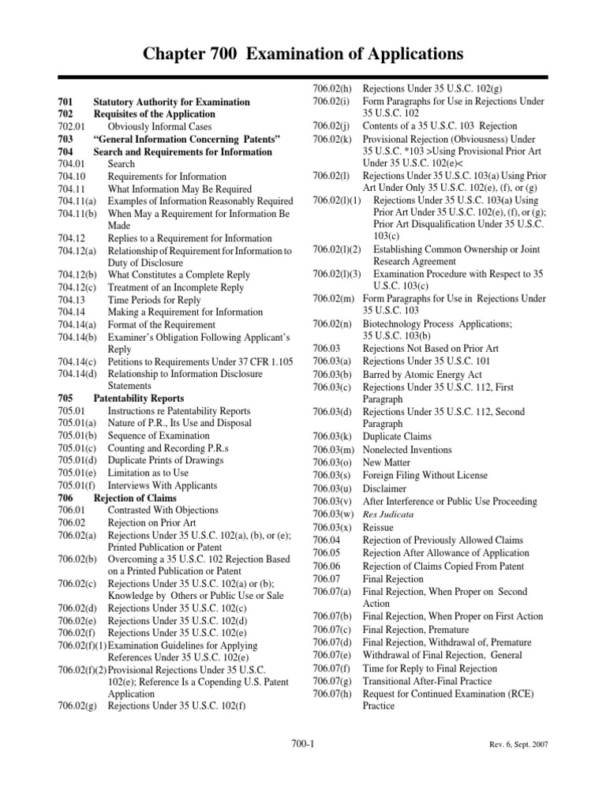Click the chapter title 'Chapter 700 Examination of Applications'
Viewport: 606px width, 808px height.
[303, 54]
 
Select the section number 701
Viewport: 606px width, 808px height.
[65, 102]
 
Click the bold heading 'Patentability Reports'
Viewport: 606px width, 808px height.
[138, 398]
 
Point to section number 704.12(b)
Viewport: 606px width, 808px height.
[77, 275]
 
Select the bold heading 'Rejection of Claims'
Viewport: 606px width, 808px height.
[135, 498]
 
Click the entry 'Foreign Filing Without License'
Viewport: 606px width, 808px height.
[425, 476]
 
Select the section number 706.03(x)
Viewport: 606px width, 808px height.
[333, 527]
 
